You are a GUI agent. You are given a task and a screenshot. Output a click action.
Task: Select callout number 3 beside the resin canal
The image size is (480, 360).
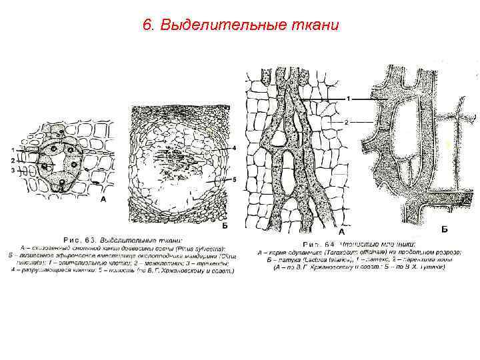(x=13, y=171)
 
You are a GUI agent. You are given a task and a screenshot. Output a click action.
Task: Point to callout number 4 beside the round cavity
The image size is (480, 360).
(x=235, y=147)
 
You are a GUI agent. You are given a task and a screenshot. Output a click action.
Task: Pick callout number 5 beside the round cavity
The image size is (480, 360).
(x=235, y=179)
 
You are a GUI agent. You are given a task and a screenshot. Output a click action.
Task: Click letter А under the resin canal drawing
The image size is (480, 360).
(x=102, y=199)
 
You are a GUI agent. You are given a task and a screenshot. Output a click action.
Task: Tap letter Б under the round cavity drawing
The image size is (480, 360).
(x=225, y=226)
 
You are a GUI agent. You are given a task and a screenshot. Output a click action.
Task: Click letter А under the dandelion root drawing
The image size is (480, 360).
(x=341, y=233)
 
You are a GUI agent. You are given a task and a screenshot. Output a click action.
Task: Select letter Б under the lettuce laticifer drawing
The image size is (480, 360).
(x=445, y=229)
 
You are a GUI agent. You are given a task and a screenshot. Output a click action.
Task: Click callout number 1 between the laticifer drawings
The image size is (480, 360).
(x=348, y=99)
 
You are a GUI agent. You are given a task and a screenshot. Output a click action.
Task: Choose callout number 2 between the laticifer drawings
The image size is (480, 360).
(x=348, y=122)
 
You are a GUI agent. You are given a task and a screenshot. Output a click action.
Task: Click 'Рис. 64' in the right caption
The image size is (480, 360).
(x=318, y=244)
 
